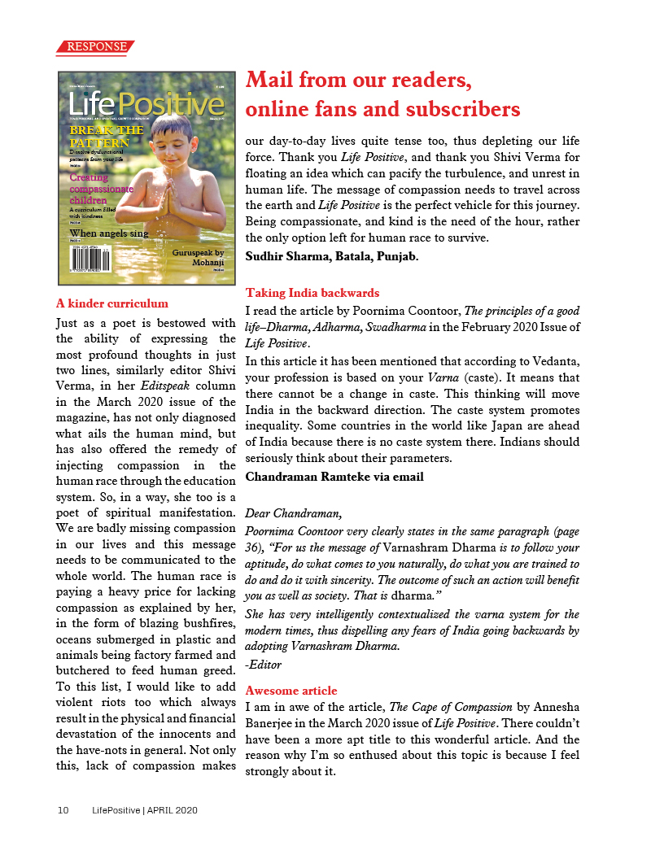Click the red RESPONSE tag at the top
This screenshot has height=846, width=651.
point(96,47)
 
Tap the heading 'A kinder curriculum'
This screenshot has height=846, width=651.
point(112,304)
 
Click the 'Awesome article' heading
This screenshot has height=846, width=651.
point(291,691)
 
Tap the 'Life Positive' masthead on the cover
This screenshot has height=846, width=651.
point(146,104)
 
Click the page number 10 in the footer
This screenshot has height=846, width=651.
point(63,811)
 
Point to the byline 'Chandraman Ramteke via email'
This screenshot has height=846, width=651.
point(334,477)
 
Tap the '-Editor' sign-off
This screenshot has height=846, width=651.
point(263,665)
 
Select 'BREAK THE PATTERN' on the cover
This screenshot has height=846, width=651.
point(107,137)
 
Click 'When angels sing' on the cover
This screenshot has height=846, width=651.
point(109,233)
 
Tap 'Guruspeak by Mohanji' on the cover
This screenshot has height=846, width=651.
point(198,259)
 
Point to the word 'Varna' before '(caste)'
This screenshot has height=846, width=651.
point(444,377)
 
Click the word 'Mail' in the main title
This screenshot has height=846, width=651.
point(274,81)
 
